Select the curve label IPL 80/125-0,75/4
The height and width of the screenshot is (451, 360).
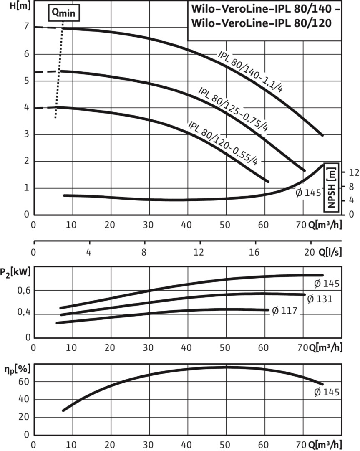point(233,108)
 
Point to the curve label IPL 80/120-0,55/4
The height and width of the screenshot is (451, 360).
point(223,143)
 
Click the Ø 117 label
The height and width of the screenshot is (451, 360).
point(285,311)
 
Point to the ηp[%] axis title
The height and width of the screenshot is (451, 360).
point(15,370)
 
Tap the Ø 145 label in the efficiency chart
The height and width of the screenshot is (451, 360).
point(327,392)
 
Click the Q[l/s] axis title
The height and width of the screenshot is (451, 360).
point(330,252)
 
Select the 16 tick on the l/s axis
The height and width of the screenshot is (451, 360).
point(254,252)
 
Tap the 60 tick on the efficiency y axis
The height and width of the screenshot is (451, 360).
point(24,382)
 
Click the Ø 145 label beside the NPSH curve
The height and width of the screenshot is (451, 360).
point(308,193)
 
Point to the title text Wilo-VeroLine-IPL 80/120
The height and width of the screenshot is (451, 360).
point(262,24)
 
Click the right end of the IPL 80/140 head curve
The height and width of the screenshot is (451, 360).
point(322,135)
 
